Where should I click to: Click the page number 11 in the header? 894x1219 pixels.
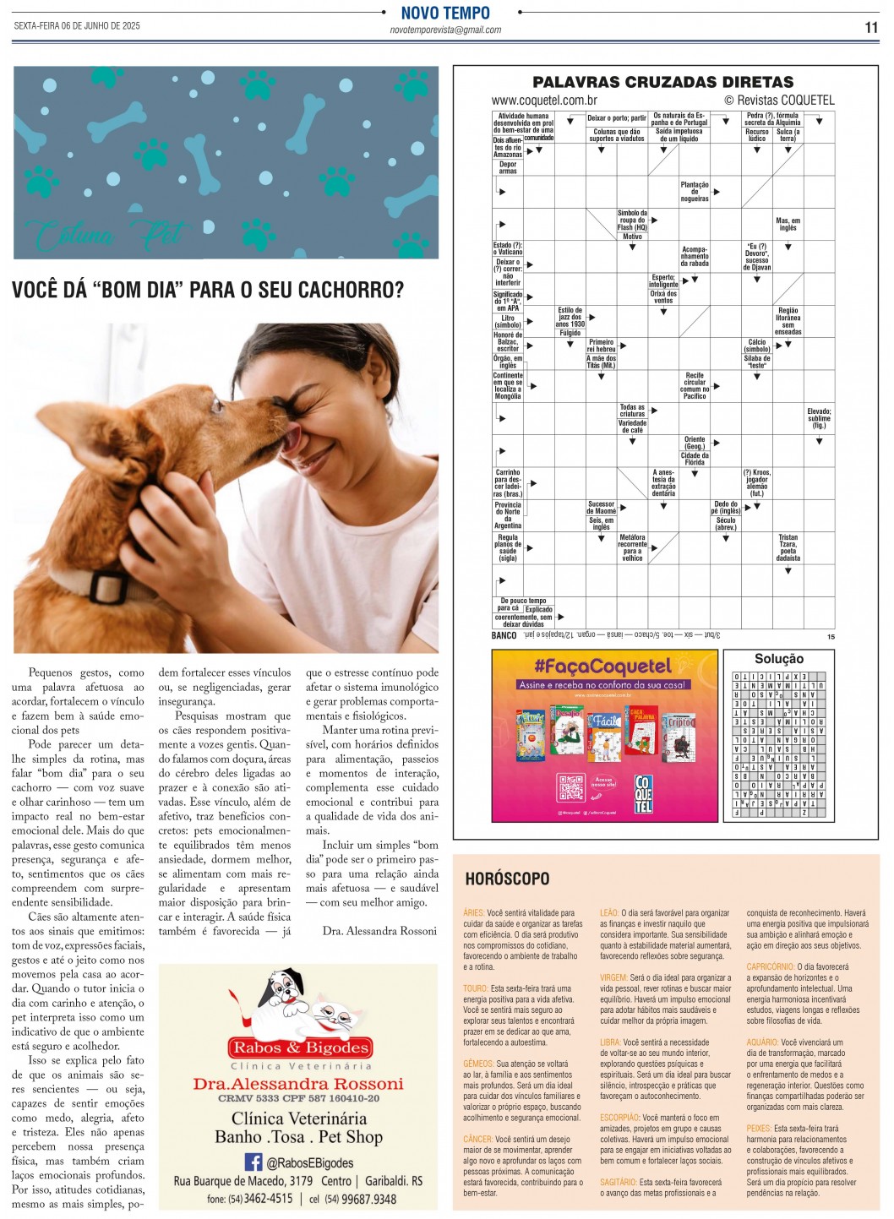[871, 27]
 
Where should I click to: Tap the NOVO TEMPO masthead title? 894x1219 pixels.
[445, 13]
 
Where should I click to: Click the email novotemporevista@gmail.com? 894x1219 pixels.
[445, 30]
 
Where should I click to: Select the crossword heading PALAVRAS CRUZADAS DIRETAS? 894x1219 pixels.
[662, 82]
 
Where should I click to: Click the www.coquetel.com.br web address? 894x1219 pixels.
[544, 101]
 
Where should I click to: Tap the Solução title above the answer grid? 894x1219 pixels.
[778, 659]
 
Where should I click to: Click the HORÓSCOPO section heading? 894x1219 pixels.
[507, 879]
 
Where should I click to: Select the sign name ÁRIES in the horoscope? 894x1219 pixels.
[473, 913]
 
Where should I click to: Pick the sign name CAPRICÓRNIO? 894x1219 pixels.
[769, 966]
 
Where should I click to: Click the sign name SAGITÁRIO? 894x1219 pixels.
[618, 1183]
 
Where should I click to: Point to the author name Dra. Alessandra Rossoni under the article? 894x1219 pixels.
[379, 931]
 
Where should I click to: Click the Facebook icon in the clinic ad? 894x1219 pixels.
[253, 1162]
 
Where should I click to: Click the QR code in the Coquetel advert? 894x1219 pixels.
[571, 788]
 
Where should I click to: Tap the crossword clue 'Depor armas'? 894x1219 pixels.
[507, 168]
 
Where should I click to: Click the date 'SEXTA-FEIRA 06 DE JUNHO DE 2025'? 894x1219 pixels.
[77, 26]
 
